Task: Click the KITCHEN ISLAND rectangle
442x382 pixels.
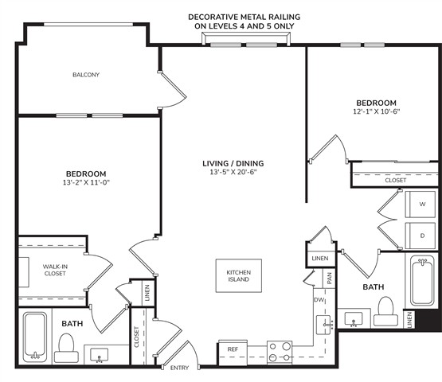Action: point(239,276)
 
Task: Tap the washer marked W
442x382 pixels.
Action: point(420,205)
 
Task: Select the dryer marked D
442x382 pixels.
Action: point(420,236)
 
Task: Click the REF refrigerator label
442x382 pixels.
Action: point(233,349)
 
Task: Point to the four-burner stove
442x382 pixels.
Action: point(280,352)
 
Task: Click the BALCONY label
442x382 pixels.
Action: point(86,75)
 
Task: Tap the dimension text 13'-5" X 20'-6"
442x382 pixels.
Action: point(233,172)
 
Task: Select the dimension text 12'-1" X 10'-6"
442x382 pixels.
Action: point(377,111)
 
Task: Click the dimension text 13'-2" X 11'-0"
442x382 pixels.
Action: point(86,182)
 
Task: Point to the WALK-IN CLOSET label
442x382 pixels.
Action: point(55,270)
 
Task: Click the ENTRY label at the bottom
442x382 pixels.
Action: point(179,368)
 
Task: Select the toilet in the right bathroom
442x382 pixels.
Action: point(385,311)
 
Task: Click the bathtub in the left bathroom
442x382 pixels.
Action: point(35,337)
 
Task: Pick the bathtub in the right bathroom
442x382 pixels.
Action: point(422,280)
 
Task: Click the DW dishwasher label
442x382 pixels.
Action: point(319,300)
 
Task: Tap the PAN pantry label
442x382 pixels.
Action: point(329,279)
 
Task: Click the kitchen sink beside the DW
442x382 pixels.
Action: point(323,325)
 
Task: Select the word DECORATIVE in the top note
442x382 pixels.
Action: point(211,18)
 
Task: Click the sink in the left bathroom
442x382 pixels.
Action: point(100,355)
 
